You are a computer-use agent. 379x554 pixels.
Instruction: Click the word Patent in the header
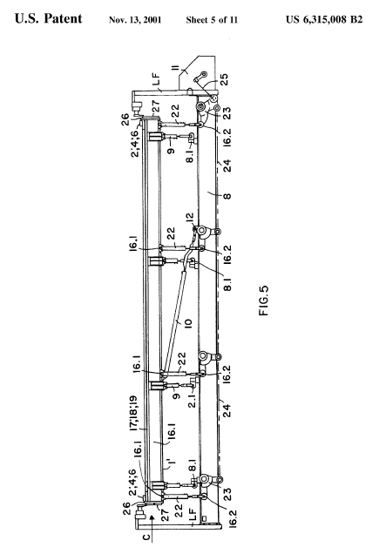tap(64, 18)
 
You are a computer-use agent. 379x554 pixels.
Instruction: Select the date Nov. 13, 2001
tap(135, 20)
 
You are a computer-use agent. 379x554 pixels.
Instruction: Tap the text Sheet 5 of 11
tap(212, 20)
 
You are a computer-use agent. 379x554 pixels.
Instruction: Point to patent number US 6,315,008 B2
tap(324, 19)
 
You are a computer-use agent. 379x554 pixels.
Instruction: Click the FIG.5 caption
tap(264, 300)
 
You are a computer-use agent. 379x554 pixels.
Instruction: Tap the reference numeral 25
tap(224, 78)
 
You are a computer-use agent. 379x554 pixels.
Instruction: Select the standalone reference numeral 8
tap(227, 195)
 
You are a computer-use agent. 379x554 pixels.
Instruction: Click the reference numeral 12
tap(190, 218)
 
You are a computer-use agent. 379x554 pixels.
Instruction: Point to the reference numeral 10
tap(187, 322)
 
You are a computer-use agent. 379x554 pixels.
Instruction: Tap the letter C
tap(146, 537)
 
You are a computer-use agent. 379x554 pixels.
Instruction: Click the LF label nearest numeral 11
tap(156, 79)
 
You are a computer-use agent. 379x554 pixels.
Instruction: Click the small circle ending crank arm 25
tap(204, 75)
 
